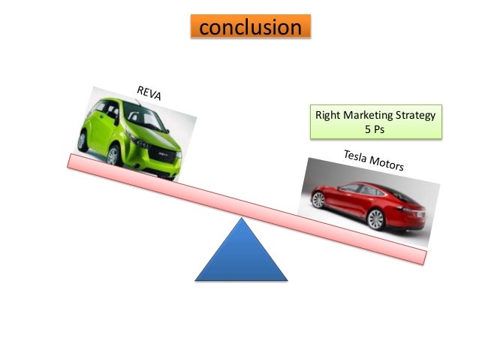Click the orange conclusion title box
[249, 27]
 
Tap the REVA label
[153, 95]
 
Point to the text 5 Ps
[375, 129]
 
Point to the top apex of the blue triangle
[241, 219]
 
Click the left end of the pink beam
[71, 161]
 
